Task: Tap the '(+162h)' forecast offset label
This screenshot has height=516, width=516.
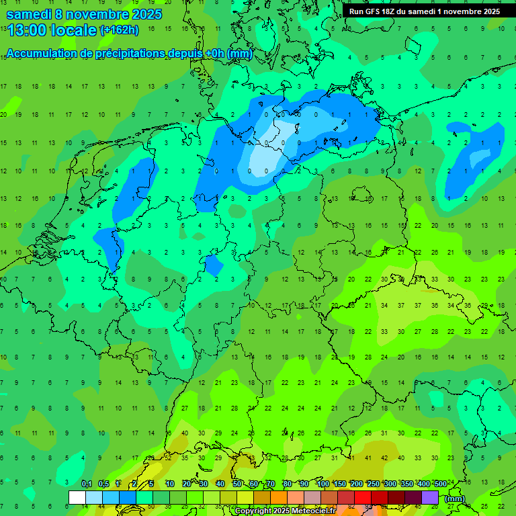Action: click(x=119, y=30)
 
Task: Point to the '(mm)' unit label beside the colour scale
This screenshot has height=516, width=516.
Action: click(x=455, y=499)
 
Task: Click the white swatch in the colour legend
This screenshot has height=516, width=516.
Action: click(x=77, y=497)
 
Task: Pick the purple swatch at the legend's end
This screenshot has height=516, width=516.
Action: click(x=430, y=497)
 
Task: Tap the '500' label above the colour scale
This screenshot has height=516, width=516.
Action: click(x=440, y=484)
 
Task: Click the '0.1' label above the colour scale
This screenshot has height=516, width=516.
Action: click(x=87, y=484)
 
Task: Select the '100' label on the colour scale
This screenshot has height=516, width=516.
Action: click(x=322, y=484)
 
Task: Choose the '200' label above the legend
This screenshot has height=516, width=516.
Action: click(x=356, y=484)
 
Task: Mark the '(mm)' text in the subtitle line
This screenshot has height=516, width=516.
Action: click(x=239, y=54)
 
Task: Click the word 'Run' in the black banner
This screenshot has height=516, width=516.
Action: click(x=357, y=11)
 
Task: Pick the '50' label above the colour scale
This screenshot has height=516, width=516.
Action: click(x=237, y=484)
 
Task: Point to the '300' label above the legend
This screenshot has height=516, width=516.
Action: click(x=390, y=484)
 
